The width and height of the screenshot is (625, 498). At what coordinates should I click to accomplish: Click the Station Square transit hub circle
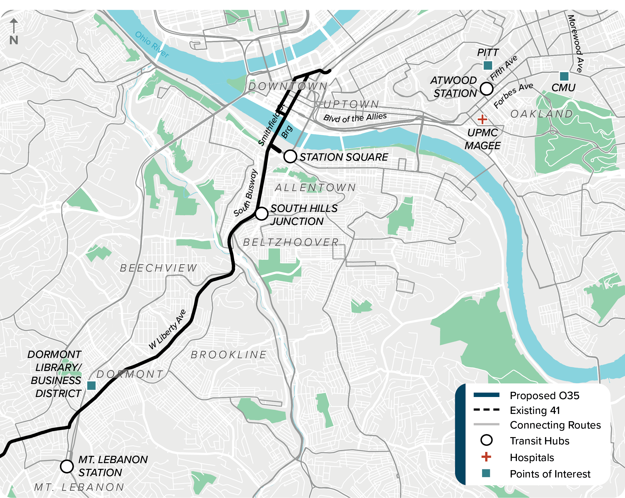[290, 156]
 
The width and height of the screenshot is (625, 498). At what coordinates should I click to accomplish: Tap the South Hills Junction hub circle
[261, 214]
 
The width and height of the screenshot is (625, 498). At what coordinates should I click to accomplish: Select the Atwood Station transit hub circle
[487, 89]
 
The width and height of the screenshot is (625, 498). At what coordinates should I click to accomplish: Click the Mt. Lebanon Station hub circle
[67, 467]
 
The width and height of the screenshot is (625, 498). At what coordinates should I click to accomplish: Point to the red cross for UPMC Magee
[482, 119]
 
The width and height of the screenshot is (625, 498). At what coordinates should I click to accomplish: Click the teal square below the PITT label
[488, 66]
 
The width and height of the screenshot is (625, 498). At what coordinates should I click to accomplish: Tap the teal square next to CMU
[564, 76]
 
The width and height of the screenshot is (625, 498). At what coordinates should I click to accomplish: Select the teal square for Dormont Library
[91, 386]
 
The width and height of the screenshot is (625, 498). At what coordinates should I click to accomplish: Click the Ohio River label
[152, 45]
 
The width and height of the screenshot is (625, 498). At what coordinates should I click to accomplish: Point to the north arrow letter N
[14, 40]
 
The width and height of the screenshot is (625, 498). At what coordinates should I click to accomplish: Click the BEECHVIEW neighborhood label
[159, 268]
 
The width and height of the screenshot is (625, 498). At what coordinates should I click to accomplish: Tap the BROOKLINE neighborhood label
[229, 355]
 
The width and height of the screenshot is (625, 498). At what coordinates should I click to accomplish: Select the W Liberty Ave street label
[167, 329]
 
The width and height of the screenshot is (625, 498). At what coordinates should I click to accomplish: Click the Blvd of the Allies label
[355, 118]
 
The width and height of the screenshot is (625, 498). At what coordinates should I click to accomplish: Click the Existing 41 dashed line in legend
[486, 410]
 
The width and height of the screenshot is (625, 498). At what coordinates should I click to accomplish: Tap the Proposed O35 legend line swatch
[486, 395]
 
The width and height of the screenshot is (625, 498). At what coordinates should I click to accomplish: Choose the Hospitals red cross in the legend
[486, 457]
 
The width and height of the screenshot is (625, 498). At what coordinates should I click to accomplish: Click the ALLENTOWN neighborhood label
[315, 187]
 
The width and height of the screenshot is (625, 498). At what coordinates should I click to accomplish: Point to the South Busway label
[246, 193]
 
